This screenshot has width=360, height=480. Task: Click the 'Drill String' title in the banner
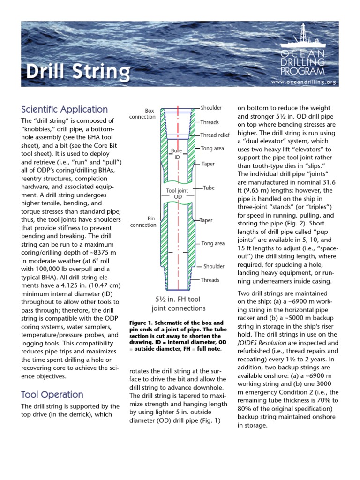click(78, 72)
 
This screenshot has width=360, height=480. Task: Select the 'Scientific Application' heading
click(65, 109)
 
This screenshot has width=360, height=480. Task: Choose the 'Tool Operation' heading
click(52, 394)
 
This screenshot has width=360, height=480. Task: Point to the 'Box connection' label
click(142, 114)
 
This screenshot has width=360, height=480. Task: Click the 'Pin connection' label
click(143, 222)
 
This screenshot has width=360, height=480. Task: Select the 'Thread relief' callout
click(215, 135)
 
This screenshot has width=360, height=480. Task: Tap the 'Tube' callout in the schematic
click(209, 188)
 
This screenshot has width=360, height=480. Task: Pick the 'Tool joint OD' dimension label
click(175, 194)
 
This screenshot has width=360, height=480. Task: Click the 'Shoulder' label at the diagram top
click(211, 108)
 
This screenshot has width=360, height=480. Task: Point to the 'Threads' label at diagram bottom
click(210, 280)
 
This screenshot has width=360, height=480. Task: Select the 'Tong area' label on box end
click(212, 149)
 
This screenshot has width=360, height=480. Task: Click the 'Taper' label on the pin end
click(207, 220)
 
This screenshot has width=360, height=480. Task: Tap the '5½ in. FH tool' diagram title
click(178, 299)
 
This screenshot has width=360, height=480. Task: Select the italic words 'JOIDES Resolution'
click(266, 343)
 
